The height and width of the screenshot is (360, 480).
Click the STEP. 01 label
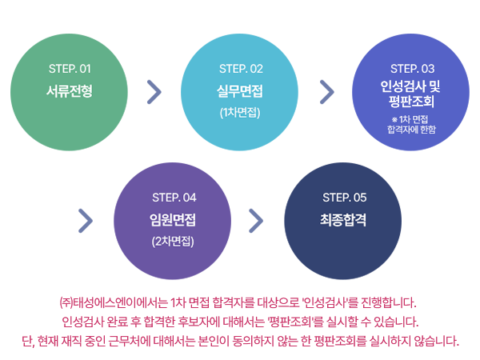pos(70,68)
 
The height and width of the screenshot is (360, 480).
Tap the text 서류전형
pos(70,90)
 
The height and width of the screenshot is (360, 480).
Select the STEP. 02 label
pos(241,68)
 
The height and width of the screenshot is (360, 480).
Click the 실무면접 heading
pos(240,90)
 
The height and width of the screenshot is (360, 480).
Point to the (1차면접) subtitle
pos(240,112)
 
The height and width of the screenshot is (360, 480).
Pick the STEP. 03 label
pos(412,68)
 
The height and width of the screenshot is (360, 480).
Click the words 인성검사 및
pos(411,86)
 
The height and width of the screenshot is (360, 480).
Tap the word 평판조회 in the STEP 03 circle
pos(411,102)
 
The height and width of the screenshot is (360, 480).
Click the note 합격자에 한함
pos(411,129)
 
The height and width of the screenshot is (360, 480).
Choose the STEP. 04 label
pos(174,198)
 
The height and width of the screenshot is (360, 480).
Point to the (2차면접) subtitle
pos(173,241)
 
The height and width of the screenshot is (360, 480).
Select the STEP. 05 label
pos(344,198)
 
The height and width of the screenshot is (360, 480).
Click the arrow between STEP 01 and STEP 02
pos(154,92)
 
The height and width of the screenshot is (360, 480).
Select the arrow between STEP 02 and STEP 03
pos(326,92)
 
